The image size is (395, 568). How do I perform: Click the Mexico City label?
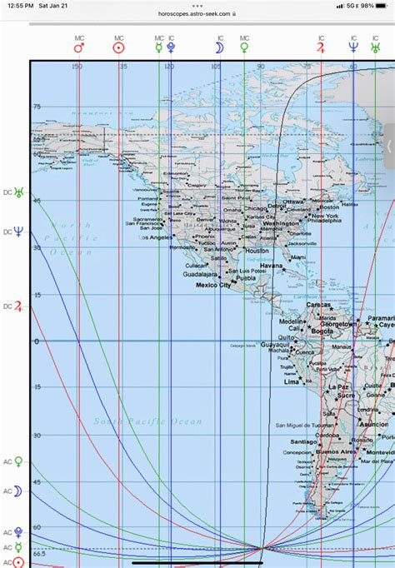pos(212,285)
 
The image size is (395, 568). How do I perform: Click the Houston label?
pos(257,250)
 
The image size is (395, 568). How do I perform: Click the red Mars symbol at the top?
pos(79,49)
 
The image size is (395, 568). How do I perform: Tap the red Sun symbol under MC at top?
pos(119,49)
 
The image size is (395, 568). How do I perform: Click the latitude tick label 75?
pos(37,107)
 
